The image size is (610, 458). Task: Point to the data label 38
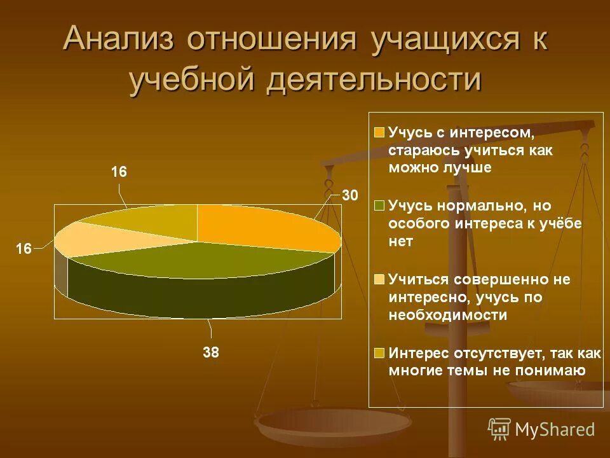pyautogui.click(x=210, y=352)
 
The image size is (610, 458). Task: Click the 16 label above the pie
pyautogui.click(x=119, y=172)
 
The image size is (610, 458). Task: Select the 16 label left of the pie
pyautogui.click(x=24, y=249)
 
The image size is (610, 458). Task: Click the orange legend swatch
pyautogui.click(x=379, y=133)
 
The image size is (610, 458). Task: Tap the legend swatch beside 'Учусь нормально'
pyautogui.click(x=379, y=206)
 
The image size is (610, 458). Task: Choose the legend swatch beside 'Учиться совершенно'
pyautogui.click(x=379, y=279)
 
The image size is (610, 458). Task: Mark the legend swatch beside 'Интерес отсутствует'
pyautogui.click(x=379, y=352)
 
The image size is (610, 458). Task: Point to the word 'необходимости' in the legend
pyautogui.click(x=448, y=315)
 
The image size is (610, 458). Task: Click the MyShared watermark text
pyautogui.click(x=555, y=429)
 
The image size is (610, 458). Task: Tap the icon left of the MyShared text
pyautogui.click(x=499, y=429)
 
